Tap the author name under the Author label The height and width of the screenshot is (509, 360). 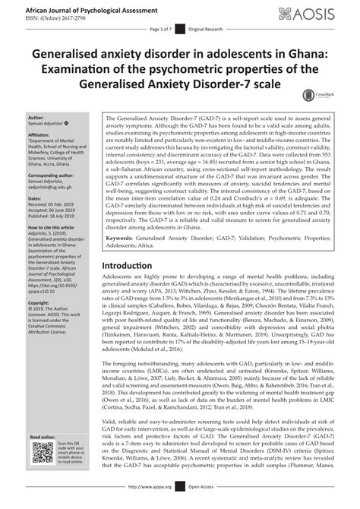(44, 124)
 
